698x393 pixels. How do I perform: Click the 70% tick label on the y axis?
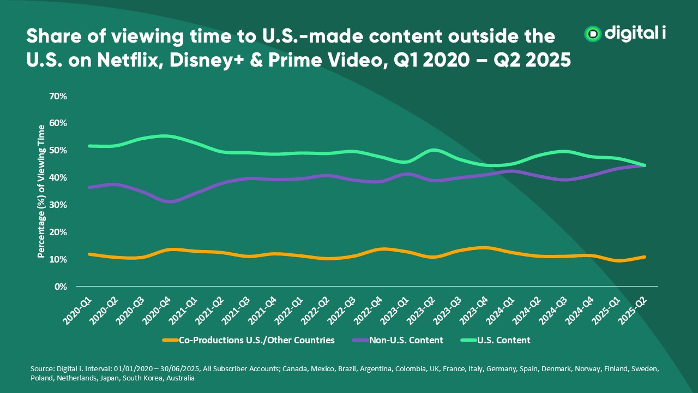click(x=58, y=96)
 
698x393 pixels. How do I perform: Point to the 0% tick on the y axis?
click(x=60, y=287)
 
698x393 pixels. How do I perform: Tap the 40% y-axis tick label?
click(x=58, y=177)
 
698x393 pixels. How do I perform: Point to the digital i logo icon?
click(x=592, y=34)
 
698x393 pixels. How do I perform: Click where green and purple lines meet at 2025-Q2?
click(x=645, y=165)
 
